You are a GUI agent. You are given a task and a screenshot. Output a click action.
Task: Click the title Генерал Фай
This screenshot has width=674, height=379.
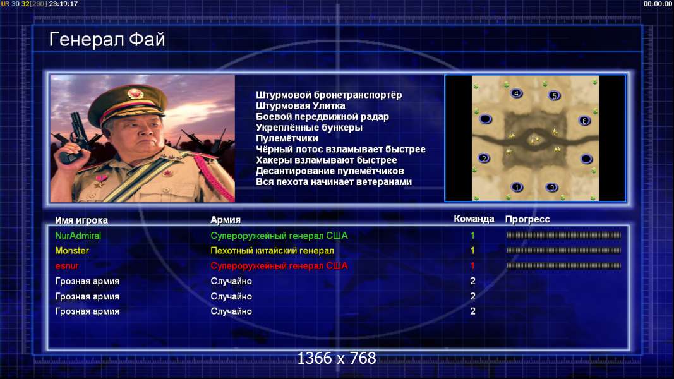point(107,40)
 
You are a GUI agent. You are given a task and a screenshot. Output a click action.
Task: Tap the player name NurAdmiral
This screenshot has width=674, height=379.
point(78,236)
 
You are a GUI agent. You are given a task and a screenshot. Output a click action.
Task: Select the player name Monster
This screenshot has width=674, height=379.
point(72,251)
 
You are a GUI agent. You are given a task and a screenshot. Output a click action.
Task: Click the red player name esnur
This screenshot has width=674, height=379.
point(66,266)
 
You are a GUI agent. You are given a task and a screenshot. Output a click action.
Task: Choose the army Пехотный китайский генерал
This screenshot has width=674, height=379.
point(272,251)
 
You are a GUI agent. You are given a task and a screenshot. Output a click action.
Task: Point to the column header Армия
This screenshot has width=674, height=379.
point(226,220)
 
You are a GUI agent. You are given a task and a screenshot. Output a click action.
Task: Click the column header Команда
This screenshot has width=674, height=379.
point(474,219)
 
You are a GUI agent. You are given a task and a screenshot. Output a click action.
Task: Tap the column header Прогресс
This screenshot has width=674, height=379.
point(527,219)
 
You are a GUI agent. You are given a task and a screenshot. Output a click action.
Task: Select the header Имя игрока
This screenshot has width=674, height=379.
point(81,220)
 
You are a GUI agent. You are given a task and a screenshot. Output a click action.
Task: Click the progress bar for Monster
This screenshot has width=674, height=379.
point(563,250)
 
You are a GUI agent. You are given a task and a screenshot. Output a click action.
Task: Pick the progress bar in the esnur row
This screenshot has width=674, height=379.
point(563,265)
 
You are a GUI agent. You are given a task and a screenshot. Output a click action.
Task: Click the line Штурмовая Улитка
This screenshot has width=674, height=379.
point(301,105)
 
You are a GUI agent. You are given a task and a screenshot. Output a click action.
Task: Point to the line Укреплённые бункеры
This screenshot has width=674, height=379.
point(309,128)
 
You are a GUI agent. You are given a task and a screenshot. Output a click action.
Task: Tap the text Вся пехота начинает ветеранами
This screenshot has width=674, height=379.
point(334,182)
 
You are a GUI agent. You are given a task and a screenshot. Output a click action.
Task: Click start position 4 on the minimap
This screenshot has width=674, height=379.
point(516,93)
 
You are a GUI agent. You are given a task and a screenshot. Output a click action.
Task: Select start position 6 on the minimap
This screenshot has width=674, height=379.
point(584,121)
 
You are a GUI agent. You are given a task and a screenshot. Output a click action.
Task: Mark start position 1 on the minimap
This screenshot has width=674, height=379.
point(517,187)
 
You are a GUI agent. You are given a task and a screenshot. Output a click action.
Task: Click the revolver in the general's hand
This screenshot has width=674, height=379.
point(76,138)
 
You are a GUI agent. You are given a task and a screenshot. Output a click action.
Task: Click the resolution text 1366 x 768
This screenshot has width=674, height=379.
point(337,358)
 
